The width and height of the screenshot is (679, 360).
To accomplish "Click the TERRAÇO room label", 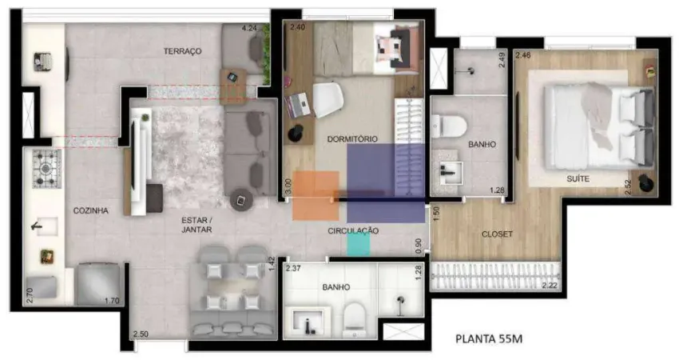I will [x=183, y=51].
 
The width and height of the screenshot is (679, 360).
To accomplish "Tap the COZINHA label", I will [x=90, y=210].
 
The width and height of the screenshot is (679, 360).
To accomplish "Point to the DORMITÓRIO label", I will [x=351, y=138].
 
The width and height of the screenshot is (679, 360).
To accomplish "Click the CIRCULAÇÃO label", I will [x=352, y=230].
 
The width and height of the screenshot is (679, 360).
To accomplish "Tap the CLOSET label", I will [x=496, y=234].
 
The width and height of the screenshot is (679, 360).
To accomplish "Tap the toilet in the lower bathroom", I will [x=353, y=321].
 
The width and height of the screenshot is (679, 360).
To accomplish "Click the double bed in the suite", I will [x=595, y=124].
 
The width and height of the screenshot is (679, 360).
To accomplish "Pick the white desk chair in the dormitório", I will [x=328, y=100].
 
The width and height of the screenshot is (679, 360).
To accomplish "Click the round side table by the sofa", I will [x=240, y=199].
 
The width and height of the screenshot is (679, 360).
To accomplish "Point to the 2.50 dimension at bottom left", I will [x=141, y=334].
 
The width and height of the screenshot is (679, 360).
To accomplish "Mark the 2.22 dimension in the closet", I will [x=549, y=285].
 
